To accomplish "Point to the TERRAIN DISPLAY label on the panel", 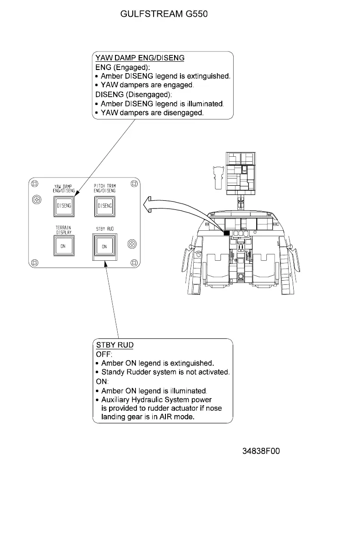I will [64, 230].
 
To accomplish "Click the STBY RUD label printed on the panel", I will [105, 229].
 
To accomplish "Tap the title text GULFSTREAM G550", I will [164, 14].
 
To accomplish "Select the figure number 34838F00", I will [261, 451].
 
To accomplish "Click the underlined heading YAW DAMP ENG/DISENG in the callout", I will [140, 58].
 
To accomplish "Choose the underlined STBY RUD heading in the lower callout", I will [115, 345].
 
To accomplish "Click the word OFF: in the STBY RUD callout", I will [104, 354].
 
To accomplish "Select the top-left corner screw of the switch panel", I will [34, 183].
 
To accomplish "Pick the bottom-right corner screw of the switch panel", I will [134, 263].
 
